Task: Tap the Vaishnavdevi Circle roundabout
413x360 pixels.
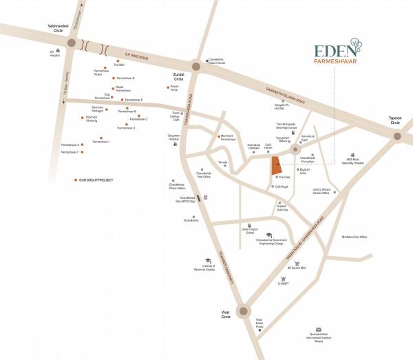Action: (x=72, y=43)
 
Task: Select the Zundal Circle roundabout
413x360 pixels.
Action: (x=195, y=67)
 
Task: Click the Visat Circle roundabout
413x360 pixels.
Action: (x=243, y=312)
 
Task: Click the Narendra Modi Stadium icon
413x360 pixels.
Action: (x=318, y=330)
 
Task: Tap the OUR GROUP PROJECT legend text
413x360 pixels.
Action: (x=96, y=180)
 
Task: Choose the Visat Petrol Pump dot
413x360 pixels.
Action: (x=260, y=330)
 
